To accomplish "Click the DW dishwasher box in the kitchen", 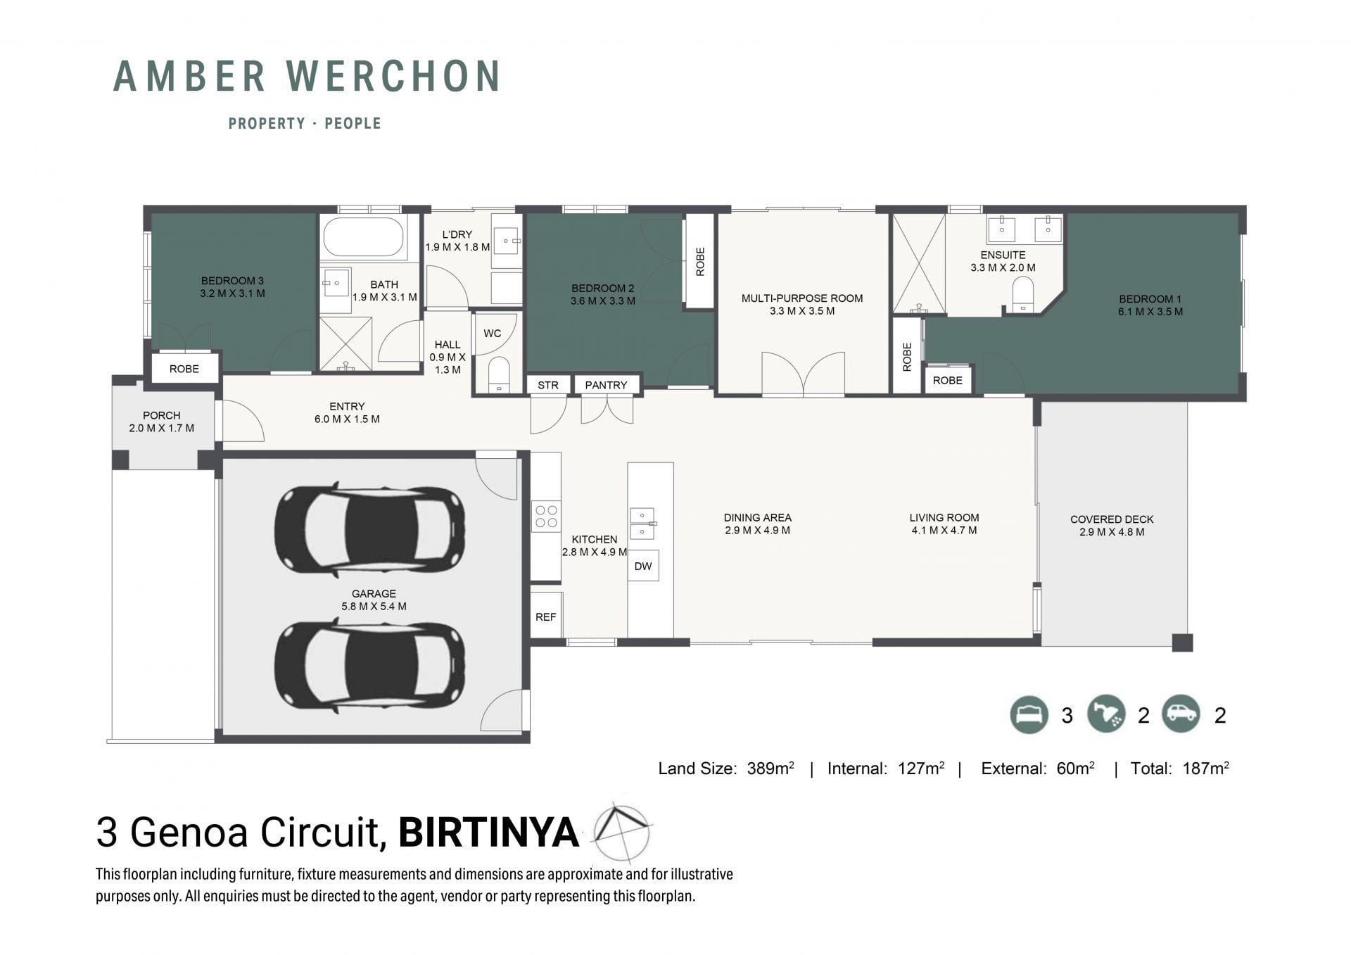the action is click(643, 566).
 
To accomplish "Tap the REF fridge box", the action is click(546, 616).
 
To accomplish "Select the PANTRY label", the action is click(606, 385).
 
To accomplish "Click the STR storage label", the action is click(548, 385).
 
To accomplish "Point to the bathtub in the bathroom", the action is click(363, 237).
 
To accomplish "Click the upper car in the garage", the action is click(369, 529).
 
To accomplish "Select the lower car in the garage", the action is click(369, 664).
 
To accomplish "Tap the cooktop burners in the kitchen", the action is click(546, 516).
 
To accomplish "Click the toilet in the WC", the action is click(499, 374).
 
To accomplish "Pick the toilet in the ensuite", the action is click(1022, 293).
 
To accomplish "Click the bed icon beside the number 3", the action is click(1029, 714).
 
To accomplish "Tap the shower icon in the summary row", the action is click(1106, 714).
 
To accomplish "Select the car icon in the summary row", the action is click(1181, 714).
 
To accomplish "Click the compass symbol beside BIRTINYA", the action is click(621, 833).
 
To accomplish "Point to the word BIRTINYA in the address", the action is click(488, 832).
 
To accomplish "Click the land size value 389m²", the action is click(770, 768).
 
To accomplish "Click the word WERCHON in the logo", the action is click(393, 76).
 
